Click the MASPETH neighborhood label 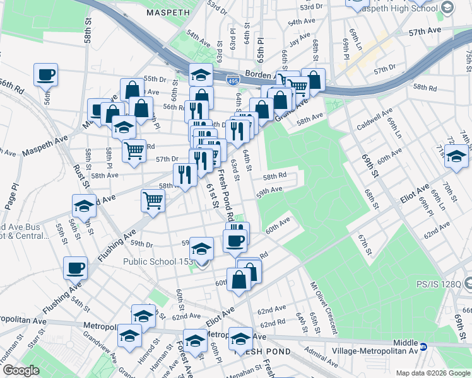(168, 13)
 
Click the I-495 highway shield (232, 80)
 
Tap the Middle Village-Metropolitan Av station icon (424, 346)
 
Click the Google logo (20, 370)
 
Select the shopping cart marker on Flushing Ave (153, 200)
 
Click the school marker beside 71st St (456, 155)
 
